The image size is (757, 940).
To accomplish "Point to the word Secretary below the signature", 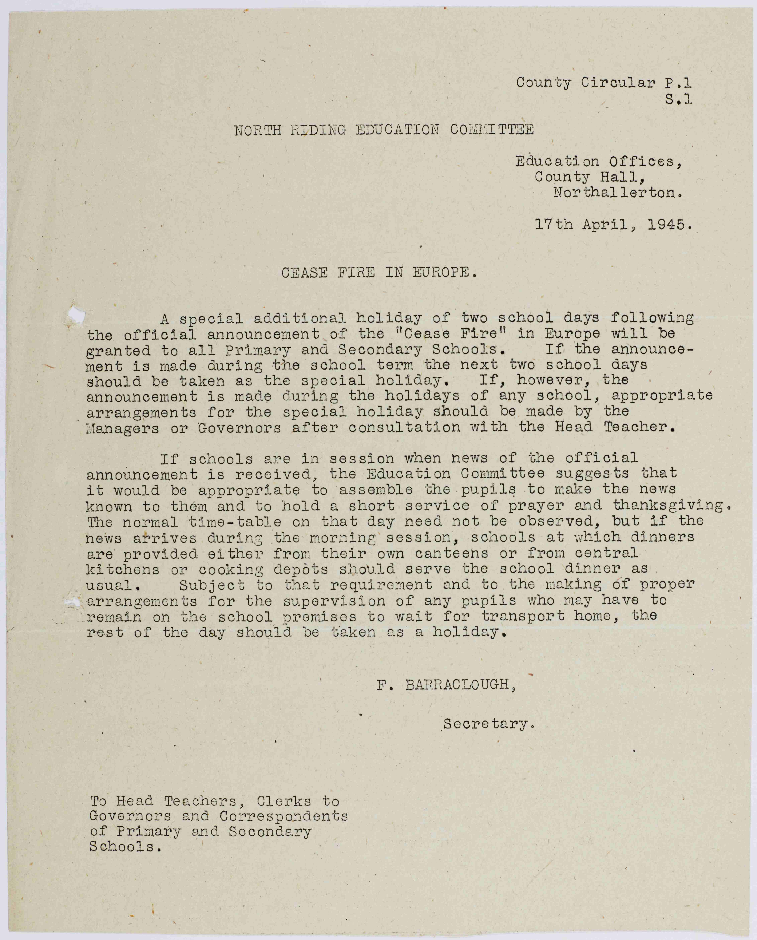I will pos(488,724).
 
